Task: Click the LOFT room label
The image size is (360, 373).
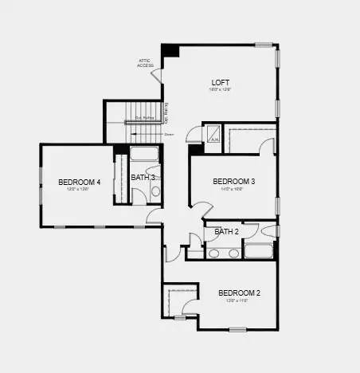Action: pos(221,82)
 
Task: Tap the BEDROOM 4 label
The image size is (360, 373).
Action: pos(80,182)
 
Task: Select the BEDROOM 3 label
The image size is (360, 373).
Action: pos(233,182)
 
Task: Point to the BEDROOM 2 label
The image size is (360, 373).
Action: pos(239,293)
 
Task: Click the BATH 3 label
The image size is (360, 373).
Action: pos(143,177)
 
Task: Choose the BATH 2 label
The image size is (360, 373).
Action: pos(227,232)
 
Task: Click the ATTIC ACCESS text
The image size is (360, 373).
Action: pos(145,63)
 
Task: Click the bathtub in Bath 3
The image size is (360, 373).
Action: pos(145,155)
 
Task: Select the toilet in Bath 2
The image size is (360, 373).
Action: pos(268,232)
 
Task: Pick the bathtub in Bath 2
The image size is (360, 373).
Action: pos(259,252)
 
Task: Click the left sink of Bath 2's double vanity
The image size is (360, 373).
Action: pos(215,253)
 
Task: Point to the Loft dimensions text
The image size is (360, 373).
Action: pos(221,90)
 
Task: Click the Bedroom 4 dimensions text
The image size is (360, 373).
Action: pos(80,190)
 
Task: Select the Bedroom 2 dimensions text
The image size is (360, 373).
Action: pos(239,300)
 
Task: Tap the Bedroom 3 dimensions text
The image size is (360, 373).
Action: pos(233,190)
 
